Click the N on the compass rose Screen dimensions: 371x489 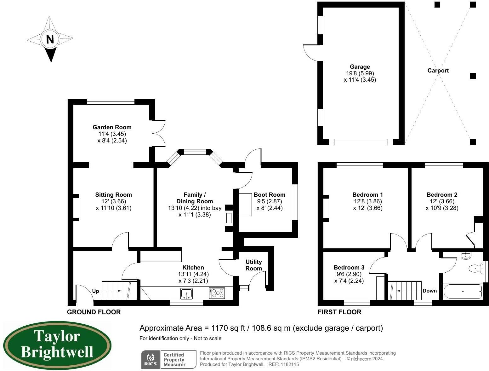coord(50,39)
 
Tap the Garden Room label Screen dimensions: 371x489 coord(112,127)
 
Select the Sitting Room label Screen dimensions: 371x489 coord(113,195)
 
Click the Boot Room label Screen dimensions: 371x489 coord(269,195)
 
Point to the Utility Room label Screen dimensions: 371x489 coord(253,265)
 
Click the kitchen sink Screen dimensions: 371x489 coord(186,293)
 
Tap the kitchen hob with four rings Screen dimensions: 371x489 coord(217,293)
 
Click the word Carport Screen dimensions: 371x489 coord(438,71)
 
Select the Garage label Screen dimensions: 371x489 coord(360,67)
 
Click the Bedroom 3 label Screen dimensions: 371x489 coord(349,268)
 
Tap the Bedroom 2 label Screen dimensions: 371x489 coord(442,195)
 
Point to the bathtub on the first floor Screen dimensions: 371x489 coord(462,292)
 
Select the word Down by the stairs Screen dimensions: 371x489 coord(429,291)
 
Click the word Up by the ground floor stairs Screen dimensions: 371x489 coord(96,291)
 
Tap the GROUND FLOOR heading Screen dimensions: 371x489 coord(94,312)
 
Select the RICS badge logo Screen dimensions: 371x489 coord(150,360)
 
